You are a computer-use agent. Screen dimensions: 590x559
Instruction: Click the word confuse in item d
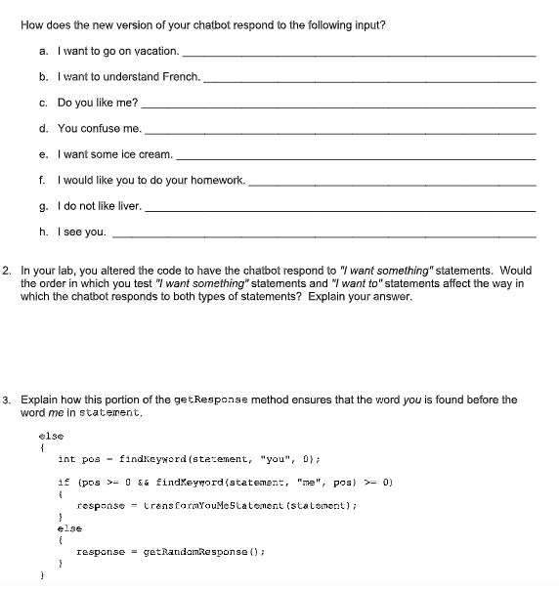pos(101,128)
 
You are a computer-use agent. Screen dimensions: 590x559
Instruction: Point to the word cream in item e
pos(155,154)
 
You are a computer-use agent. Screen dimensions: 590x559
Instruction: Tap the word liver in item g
pos(128,206)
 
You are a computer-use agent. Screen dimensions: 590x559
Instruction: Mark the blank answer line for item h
pos(323,233)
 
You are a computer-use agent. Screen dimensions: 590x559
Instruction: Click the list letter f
pos(41,180)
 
